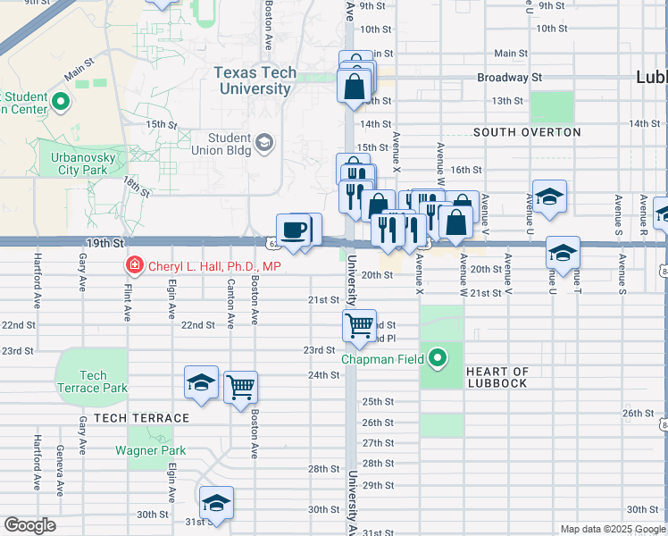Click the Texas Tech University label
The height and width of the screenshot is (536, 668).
pos(253,80)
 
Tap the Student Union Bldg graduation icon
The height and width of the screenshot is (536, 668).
pos(263,142)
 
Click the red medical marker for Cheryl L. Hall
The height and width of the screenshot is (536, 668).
pos(134,266)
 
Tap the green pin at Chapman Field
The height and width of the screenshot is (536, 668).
pos(438,360)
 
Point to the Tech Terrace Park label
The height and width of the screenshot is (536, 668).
pos(93,381)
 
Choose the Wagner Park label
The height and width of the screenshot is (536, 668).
pos(151,450)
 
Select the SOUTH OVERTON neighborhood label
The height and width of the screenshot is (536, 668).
pos(527,132)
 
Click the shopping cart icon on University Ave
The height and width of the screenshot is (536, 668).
pos(359,326)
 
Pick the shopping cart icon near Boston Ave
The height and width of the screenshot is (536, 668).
pos(240,388)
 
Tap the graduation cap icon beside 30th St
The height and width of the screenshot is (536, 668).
pos(216,503)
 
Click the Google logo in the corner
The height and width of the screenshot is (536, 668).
pos(29,525)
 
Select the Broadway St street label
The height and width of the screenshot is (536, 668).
pos(509,78)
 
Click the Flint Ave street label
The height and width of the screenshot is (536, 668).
pos(127,299)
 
